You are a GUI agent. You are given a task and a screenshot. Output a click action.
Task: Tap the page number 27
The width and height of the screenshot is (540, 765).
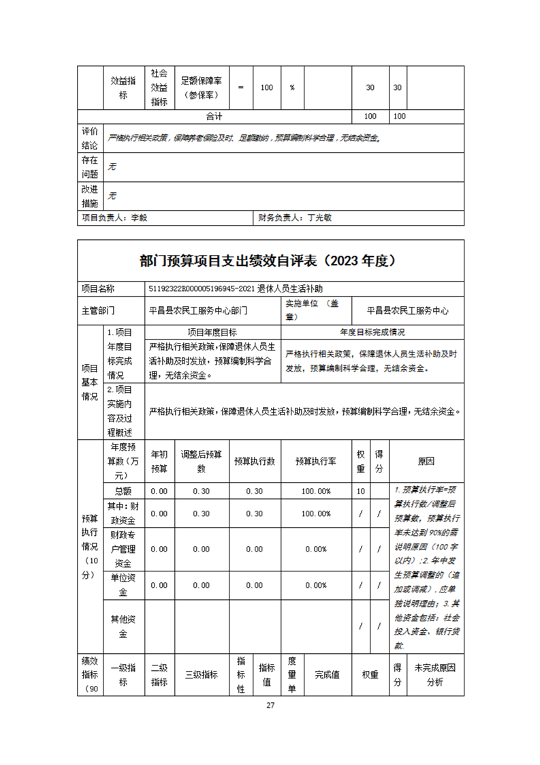point(270,705)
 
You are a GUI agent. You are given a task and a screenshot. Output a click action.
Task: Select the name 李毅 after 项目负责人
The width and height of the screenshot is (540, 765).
point(138,218)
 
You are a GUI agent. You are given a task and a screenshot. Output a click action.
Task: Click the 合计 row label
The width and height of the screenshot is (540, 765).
point(215,116)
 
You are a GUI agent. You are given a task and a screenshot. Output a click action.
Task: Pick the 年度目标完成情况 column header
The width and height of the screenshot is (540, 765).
point(372,332)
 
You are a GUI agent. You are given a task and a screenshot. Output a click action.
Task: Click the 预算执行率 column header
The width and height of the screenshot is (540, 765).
point(313,461)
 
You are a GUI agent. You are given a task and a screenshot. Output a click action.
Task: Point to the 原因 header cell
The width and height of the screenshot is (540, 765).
point(426,461)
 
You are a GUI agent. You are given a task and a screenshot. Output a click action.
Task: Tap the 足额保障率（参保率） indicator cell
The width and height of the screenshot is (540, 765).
point(202,87)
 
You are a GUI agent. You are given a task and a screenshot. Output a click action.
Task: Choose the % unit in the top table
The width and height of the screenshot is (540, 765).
point(291,87)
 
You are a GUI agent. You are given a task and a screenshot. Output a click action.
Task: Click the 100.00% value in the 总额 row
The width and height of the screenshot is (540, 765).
point(313,491)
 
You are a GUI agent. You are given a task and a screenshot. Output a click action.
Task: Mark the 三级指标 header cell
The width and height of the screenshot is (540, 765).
point(202,674)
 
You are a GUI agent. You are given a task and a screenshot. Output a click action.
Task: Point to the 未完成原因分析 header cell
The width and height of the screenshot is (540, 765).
point(434,674)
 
